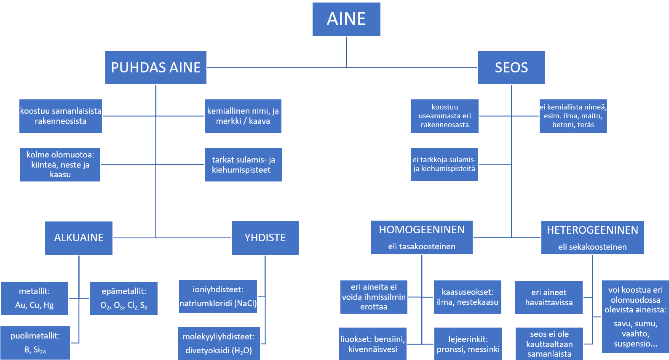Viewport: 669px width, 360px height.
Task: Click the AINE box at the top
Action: click(346, 19)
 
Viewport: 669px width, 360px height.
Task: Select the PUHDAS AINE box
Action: click(156, 67)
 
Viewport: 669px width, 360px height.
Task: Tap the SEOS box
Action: click(511, 67)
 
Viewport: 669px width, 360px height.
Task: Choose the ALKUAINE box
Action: click(79, 238)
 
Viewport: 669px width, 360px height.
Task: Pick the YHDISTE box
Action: click(265, 238)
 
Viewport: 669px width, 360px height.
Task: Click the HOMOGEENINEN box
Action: click(422, 237)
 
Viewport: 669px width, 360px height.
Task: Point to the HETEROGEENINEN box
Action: click(592, 237)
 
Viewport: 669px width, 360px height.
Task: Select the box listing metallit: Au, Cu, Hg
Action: click(35, 298)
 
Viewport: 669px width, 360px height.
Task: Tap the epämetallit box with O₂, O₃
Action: click(124, 298)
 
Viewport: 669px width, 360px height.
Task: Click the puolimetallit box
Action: click(35, 343)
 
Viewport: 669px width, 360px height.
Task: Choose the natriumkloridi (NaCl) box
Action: click(218, 296)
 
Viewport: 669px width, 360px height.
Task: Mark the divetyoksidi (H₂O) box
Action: click(219, 344)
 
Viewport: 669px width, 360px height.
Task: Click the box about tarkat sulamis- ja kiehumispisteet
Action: click(244, 165)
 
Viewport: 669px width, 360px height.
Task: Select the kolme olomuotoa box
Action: click(60, 165)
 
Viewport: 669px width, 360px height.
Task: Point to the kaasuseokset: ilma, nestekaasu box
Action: click(468, 297)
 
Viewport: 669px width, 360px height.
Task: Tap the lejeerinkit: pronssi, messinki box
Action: click(468, 344)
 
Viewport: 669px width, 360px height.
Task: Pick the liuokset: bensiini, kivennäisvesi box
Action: click(373, 344)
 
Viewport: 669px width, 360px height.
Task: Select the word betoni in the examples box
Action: click(563, 125)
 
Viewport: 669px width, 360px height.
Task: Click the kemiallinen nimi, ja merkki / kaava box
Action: click(243, 116)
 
